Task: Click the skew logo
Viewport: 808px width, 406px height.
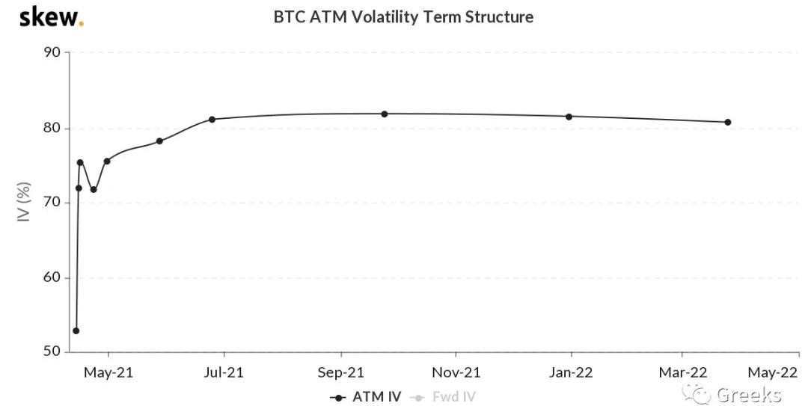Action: (x=50, y=17)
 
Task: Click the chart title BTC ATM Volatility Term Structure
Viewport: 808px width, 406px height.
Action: (x=403, y=16)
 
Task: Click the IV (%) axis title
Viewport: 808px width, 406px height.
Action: (x=25, y=203)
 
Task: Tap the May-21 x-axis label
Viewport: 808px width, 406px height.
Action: (x=108, y=372)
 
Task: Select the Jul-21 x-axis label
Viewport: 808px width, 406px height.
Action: (x=224, y=372)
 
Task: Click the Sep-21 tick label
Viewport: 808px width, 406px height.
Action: (x=341, y=372)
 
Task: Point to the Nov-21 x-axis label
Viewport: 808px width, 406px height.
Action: (x=456, y=372)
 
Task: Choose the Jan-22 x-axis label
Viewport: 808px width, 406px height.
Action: (x=572, y=372)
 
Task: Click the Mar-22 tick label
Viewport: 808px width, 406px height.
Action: (x=682, y=372)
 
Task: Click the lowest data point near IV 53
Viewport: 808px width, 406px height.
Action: (x=76, y=330)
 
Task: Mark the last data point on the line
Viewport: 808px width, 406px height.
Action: (x=727, y=122)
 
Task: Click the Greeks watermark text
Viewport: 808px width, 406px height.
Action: (x=748, y=396)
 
